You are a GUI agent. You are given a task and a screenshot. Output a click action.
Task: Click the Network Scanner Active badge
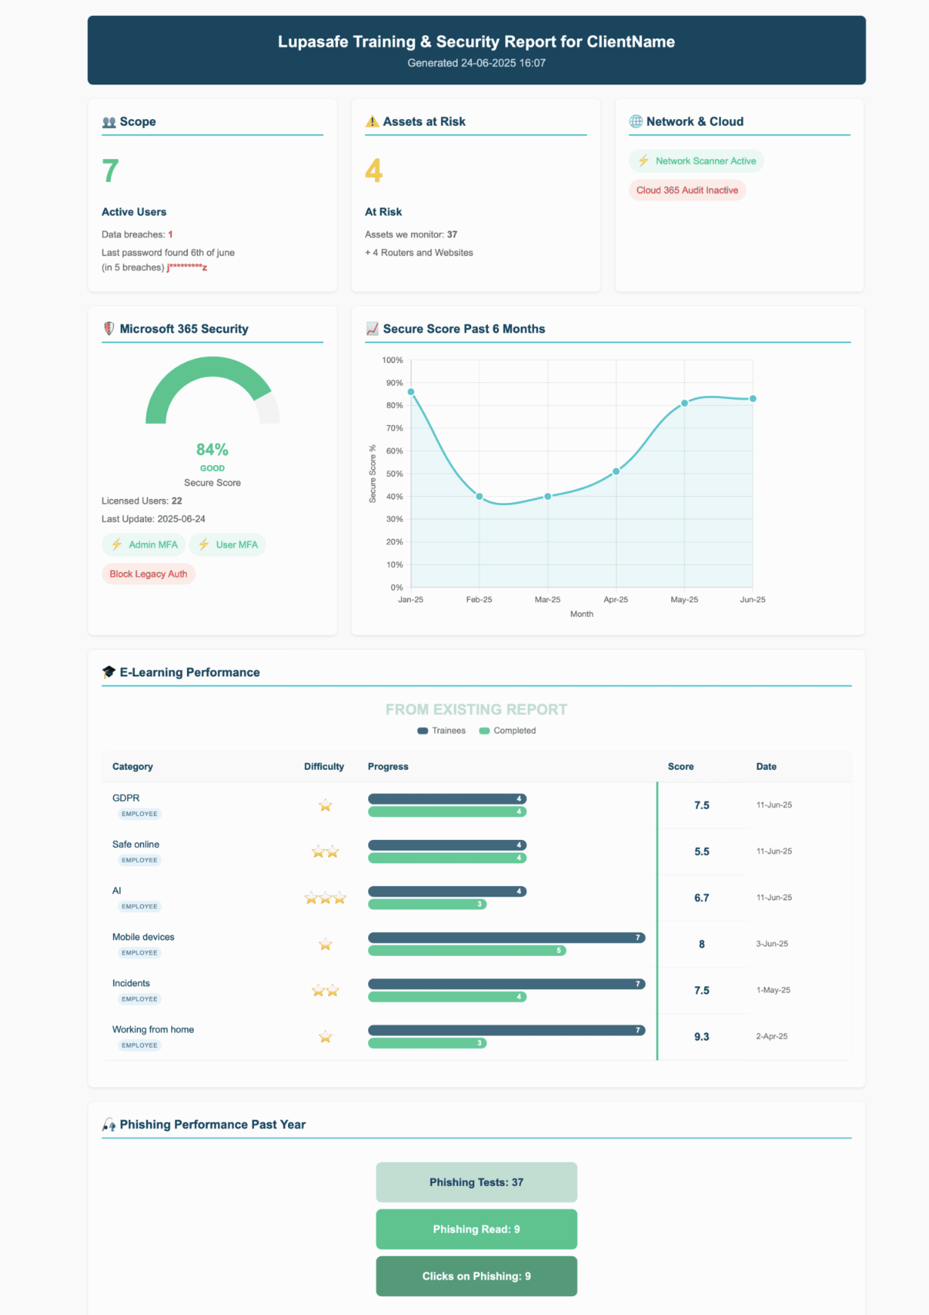[696, 161]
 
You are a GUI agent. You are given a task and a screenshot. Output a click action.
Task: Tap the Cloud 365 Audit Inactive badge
[687, 190]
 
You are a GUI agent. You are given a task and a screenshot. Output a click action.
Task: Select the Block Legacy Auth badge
[149, 574]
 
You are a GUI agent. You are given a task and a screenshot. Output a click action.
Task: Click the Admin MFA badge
[144, 544]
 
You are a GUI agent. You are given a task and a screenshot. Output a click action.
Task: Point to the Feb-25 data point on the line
[480, 496]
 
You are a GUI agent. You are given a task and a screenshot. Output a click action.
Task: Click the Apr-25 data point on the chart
[616, 471]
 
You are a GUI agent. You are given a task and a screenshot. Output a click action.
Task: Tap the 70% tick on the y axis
[394, 428]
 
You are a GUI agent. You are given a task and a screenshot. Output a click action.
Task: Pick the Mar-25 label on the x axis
[547, 599]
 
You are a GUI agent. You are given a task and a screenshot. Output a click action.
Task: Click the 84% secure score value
[212, 449]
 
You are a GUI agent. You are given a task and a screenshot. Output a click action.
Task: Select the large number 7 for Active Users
[110, 171]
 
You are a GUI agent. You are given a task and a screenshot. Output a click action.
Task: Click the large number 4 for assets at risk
[373, 171]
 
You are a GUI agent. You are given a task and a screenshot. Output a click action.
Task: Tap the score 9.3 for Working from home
[701, 1037]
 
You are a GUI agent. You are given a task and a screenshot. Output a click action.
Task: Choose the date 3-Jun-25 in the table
[772, 944]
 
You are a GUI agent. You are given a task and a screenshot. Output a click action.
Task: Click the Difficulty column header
[323, 767]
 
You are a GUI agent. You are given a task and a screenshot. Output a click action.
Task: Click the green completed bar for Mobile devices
[467, 951]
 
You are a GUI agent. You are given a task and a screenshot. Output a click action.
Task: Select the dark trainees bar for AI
[447, 891]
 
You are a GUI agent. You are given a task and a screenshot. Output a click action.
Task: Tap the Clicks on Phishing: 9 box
[477, 1276]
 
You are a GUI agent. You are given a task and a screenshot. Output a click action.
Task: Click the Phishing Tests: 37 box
[477, 1182]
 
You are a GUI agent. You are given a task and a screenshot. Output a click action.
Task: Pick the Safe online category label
[136, 844]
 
